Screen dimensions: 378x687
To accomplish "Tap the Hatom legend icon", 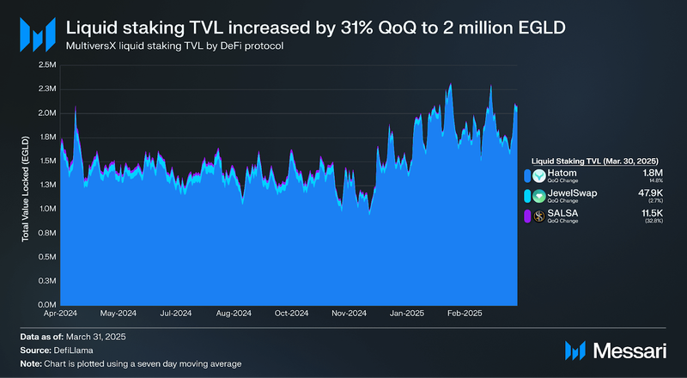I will [x=539, y=176].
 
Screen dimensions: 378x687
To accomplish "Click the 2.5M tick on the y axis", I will [x=46, y=64].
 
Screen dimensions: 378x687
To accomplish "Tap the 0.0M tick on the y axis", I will [x=46, y=305].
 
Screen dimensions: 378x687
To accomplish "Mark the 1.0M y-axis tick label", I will [x=46, y=209].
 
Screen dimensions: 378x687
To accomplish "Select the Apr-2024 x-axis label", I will [x=61, y=314].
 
